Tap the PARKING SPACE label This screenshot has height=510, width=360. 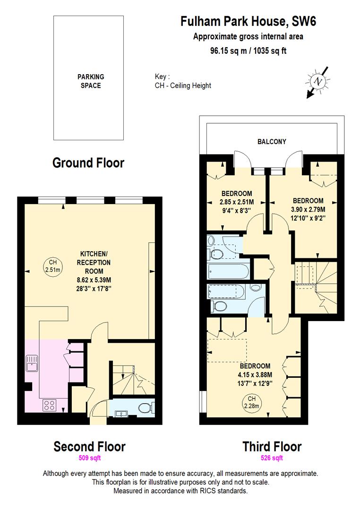[x=91, y=81]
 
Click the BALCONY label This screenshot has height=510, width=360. [x=272, y=141]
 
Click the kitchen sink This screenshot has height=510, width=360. [x=32, y=365]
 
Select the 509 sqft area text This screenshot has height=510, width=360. [x=90, y=458]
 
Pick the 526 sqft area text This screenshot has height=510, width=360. [x=272, y=458]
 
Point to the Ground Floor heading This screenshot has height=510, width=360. [x=88, y=163]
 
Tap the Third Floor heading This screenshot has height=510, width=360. [x=272, y=446]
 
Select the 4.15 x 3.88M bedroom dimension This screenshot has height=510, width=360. [x=255, y=374]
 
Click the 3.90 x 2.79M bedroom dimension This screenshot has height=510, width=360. [x=308, y=209]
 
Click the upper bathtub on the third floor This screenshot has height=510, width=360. [x=228, y=272]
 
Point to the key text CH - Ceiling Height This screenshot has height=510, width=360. [x=183, y=85]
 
